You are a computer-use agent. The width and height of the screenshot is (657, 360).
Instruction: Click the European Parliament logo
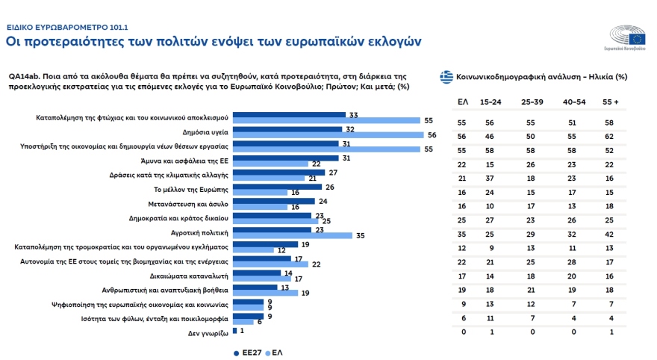coord(628,37)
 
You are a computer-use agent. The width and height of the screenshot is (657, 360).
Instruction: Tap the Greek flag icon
coord(446,76)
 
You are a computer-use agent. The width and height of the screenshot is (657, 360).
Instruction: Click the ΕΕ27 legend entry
coord(250,352)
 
